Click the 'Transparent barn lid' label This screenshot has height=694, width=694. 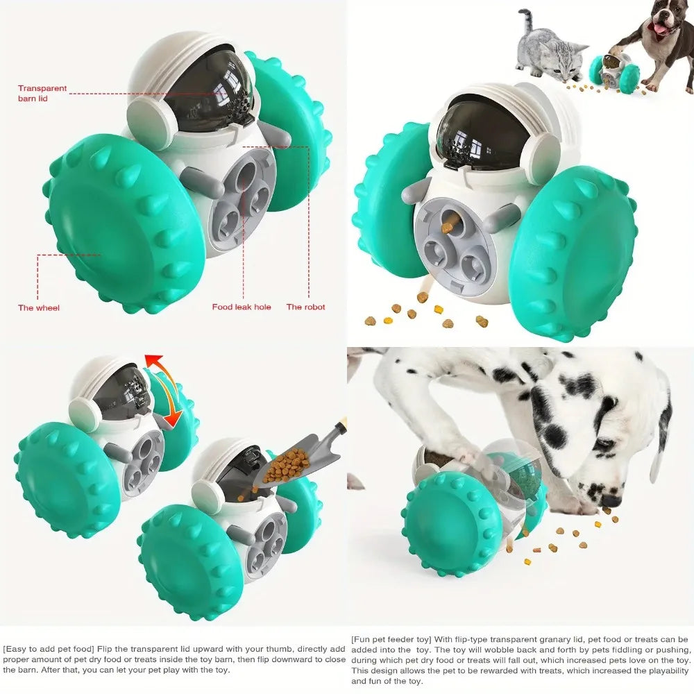[42, 94]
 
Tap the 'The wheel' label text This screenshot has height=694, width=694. [38, 307]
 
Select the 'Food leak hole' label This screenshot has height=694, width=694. [242, 307]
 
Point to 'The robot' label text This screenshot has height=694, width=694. [305, 307]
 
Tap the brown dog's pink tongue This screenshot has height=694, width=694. [659, 28]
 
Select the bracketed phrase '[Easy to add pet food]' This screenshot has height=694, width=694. [49, 649]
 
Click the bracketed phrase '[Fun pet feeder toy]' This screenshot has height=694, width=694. [391, 639]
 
